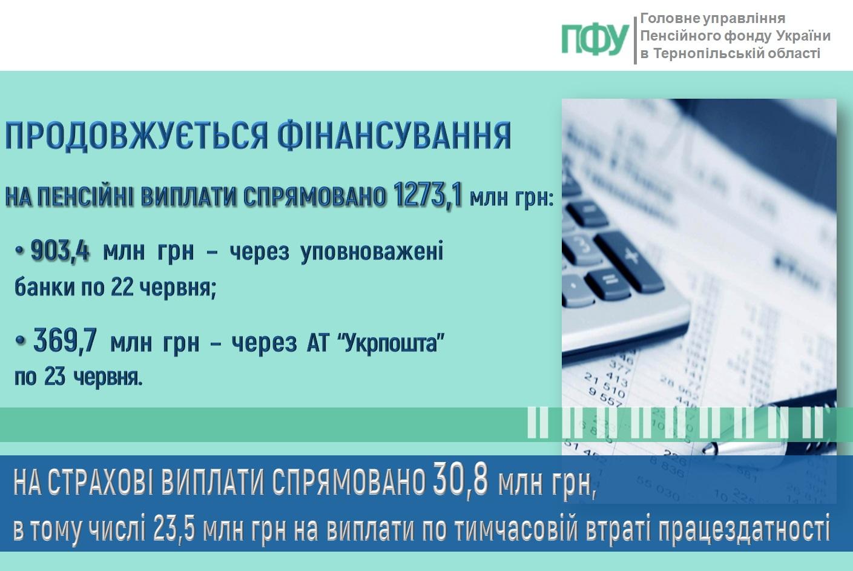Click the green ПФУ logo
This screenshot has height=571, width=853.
(595, 39)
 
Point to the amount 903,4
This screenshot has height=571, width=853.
(60, 251)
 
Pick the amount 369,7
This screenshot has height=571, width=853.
(65, 340)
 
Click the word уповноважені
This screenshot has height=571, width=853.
(372, 252)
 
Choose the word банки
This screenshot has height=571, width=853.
(45, 288)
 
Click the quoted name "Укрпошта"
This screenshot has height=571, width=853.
(391, 343)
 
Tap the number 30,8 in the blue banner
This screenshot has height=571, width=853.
(460, 481)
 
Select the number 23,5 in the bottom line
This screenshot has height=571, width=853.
(174, 530)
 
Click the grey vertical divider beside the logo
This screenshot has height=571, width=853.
(635, 40)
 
